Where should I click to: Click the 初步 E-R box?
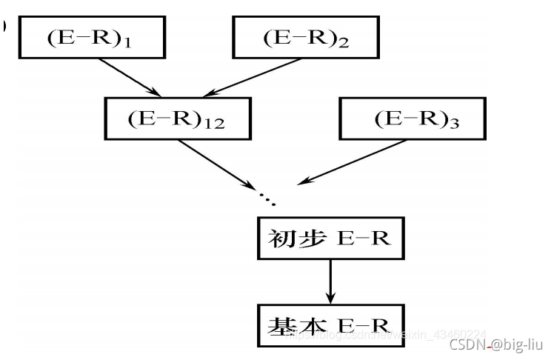click(x=331, y=239)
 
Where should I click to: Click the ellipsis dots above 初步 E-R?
click(x=267, y=198)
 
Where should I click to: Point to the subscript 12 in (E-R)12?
click(x=215, y=124)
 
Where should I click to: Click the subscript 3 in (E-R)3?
click(x=453, y=124)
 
